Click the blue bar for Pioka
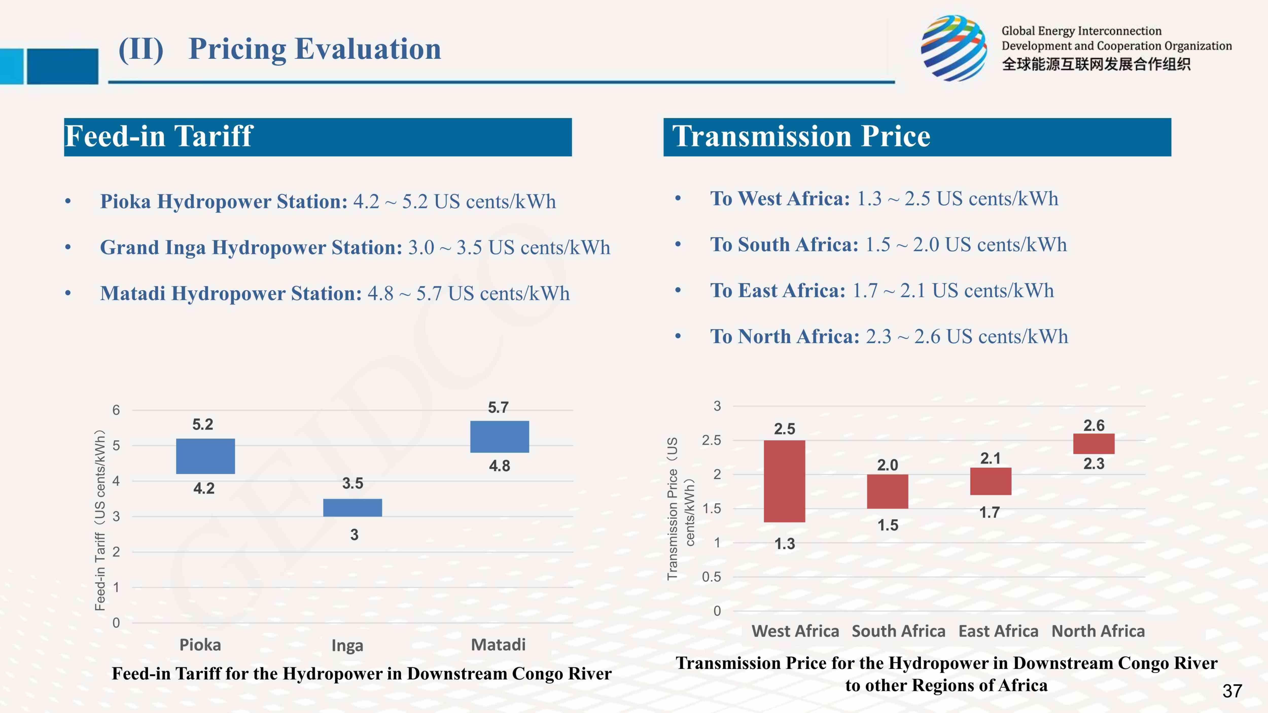pos(205,456)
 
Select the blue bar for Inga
pos(353,507)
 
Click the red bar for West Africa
pos(784,481)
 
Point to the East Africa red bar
pos(990,481)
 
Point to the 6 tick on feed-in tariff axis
pos(116,410)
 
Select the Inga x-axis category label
pos(347,645)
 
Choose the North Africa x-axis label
pos(1098,631)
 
